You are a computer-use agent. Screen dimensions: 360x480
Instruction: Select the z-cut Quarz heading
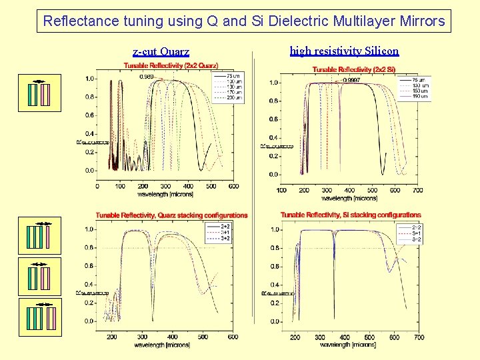(161, 51)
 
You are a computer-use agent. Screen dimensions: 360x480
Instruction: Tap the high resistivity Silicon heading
(344, 51)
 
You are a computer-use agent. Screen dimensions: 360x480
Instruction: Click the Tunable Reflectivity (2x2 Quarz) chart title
(171, 65)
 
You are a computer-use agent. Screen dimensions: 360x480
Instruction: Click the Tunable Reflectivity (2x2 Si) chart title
(354, 70)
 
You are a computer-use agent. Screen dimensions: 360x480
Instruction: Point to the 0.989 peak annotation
(147, 77)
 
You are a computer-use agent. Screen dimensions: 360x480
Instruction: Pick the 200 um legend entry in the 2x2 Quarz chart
(234, 98)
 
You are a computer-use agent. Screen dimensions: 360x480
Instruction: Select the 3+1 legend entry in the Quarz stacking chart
(225, 233)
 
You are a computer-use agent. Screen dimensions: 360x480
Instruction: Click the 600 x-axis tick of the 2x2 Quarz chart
(233, 186)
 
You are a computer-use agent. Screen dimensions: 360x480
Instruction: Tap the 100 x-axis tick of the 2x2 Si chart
(281, 191)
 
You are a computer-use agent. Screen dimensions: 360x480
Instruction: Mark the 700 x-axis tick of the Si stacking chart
(419, 337)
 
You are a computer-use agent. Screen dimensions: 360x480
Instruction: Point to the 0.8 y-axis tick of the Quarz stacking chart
(88, 247)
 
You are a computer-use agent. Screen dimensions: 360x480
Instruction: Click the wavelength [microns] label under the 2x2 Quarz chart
(165, 194)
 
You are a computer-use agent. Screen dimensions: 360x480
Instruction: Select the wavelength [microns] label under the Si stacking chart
(349, 345)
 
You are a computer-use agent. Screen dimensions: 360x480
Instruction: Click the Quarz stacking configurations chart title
(171, 215)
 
